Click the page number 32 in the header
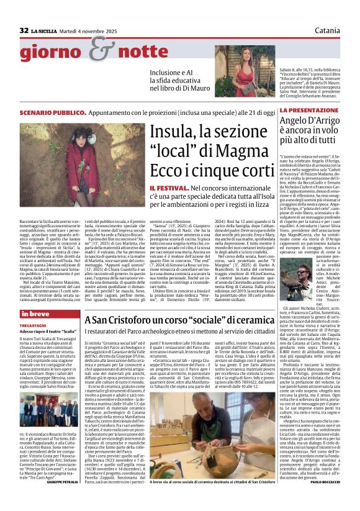tap(24, 30)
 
